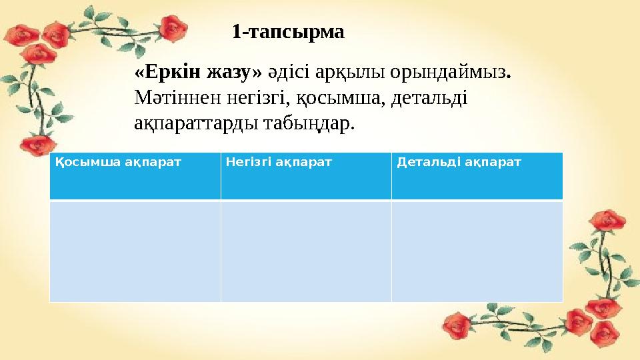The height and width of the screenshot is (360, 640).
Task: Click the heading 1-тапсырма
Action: tap(288, 31)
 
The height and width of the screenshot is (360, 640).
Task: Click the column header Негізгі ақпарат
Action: tap(279, 162)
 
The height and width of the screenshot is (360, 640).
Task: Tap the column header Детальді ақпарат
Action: tap(459, 162)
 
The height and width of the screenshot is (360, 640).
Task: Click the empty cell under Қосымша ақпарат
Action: tap(135, 251)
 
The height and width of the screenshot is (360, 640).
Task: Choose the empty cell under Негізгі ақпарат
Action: tap(305, 251)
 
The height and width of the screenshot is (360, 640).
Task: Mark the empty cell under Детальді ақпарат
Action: tap(477, 251)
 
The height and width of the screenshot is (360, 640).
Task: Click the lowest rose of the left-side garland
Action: tap(38, 144)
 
